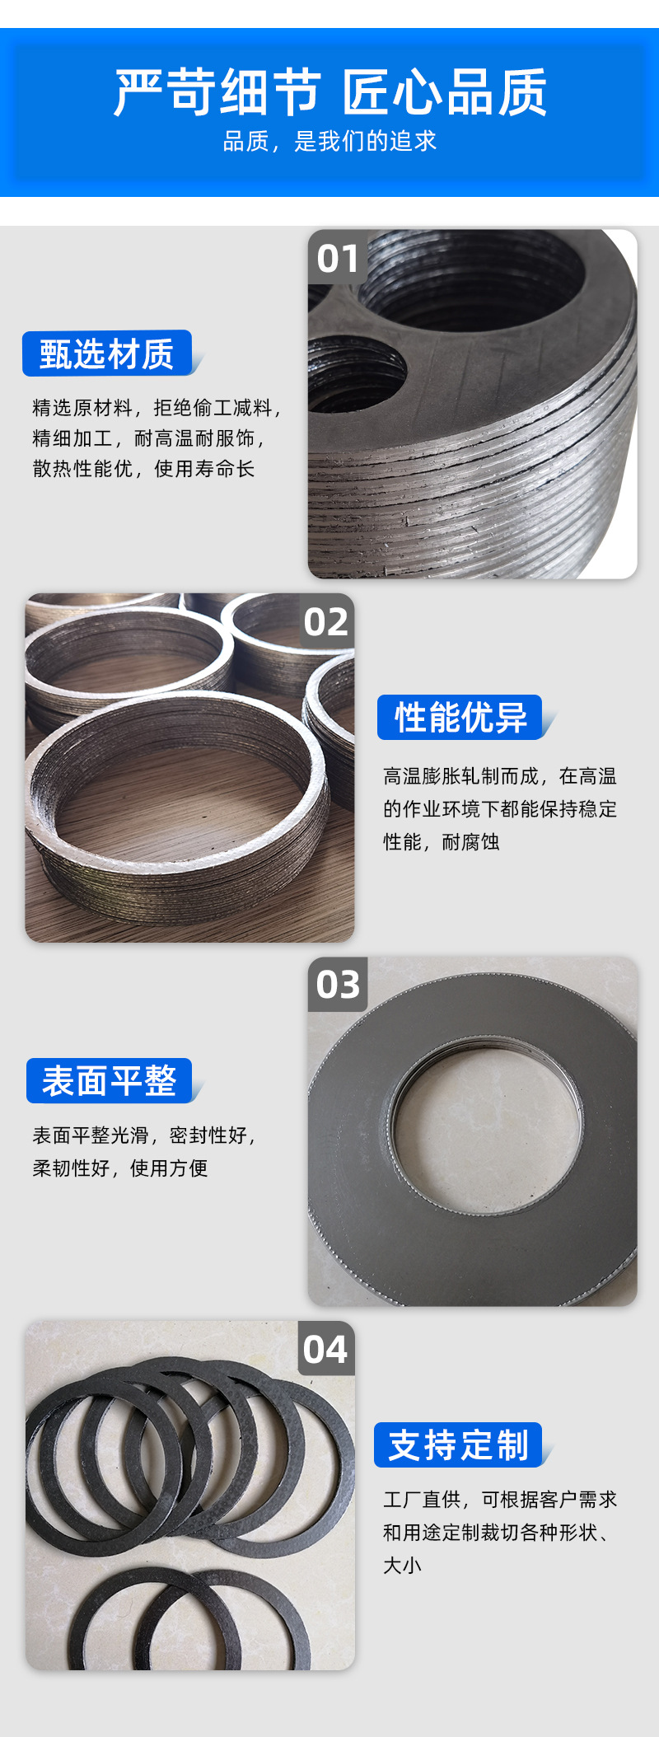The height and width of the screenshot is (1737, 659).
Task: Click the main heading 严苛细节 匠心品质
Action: tap(330, 92)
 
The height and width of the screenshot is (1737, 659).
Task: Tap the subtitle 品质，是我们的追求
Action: tap(329, 142)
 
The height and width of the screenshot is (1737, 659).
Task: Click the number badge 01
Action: tap(338, 259)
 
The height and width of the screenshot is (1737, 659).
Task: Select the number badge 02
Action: tap(326, 622)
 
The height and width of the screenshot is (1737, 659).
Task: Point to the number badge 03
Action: tap(338, 985)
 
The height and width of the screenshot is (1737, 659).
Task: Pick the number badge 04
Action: tap(325, 1350)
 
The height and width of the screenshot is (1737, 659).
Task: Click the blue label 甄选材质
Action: tap(107, 354)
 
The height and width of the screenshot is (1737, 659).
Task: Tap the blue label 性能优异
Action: tap(460, 718)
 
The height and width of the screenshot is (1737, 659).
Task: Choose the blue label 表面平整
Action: tap(110, 1081)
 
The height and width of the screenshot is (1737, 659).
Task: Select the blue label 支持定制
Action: tap(459, 1445)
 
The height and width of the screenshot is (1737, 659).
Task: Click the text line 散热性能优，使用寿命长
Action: tap(143, 469)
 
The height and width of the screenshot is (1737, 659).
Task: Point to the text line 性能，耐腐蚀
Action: tap(442, 842)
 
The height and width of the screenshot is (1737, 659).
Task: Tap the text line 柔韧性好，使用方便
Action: tap(120, 1168)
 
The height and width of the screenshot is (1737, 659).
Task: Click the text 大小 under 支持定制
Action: tap(402, 1566)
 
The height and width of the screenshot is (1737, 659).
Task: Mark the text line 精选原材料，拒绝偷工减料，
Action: tap(157, 408)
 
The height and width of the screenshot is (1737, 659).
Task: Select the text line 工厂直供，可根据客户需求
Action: tap(500, 1500)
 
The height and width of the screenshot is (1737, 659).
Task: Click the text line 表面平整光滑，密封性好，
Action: tap(144, 1135)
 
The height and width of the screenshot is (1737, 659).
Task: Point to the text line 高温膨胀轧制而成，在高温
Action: tap(500, 776)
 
